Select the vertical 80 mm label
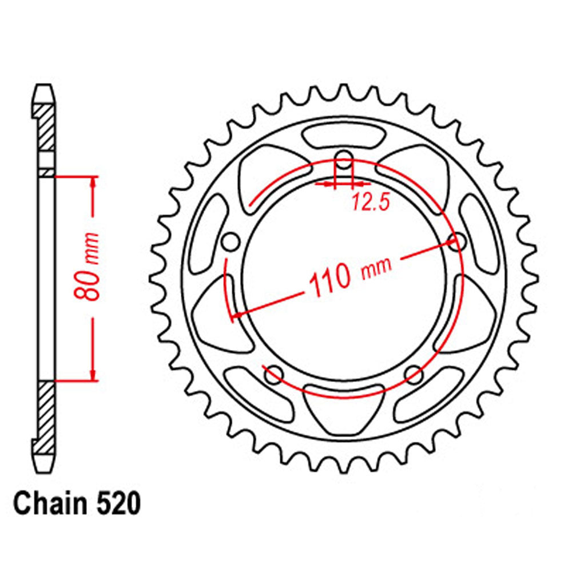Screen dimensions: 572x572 coord(90,267)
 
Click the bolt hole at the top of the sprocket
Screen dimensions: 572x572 coord(343,160)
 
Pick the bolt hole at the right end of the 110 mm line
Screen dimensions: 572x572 coord(456,241)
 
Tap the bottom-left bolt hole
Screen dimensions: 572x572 coord(273,375)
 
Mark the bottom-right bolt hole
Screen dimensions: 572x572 coord(413,375)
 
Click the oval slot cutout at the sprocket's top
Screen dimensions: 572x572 coord(343,137)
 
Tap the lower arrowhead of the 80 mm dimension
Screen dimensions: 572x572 coord(92,374)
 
